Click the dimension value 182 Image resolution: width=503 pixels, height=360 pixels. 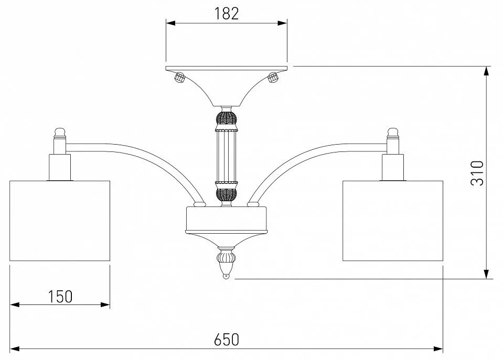pos(227,14)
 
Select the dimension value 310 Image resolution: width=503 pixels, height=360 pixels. pos(477,173)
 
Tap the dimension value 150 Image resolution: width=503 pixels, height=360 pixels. pos(60,297)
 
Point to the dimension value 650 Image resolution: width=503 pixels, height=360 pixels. pos(227,340)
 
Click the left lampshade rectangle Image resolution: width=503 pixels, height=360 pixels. pos(60,221)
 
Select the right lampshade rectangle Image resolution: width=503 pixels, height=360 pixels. pos(393,221)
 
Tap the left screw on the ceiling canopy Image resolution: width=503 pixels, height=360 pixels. pos(179,78)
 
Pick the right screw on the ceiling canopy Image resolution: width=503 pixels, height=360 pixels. pos(273,78)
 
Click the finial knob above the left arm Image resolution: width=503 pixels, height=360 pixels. pos(60,132)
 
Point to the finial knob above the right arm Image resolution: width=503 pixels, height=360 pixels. pos(393,132)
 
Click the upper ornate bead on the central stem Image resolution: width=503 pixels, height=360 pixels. pos(227,118)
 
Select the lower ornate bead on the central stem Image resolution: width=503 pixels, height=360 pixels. pos(227,194)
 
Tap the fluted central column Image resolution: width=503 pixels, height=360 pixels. pos(227,157)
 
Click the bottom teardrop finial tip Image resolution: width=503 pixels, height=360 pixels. pos(227,276)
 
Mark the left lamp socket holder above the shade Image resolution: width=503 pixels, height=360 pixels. pos(60,167)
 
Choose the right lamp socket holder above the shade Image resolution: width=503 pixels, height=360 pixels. pos(393,167)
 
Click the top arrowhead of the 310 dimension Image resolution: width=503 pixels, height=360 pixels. pos(487,71)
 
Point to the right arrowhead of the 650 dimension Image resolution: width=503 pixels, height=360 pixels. pos(438,348)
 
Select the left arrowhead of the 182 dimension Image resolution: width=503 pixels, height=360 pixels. pos(170,23)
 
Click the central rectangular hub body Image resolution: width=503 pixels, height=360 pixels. pos(227,219)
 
